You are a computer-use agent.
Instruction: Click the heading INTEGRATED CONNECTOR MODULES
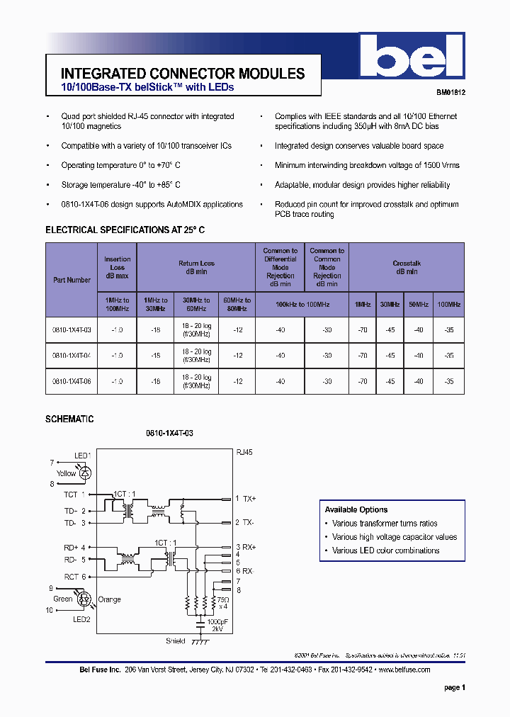[183, 74]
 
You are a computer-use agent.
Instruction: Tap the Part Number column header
[72, 280]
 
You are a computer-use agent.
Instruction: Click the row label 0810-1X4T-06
[72, 381]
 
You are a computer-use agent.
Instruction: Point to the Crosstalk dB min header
[407, 267]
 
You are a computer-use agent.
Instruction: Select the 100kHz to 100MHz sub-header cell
[302, 304]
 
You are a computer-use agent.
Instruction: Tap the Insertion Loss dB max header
[118, 267]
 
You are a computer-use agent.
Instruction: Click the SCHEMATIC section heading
[69, 419]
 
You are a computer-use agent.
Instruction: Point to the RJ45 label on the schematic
[244, 451]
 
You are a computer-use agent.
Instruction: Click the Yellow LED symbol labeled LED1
[86, 471]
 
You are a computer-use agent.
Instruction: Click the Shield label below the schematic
[175, 641]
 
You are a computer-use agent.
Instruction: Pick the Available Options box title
[356, 509]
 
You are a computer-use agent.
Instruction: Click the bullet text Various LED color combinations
[385, 551]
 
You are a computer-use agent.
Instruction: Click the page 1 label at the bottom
[454, 687]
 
